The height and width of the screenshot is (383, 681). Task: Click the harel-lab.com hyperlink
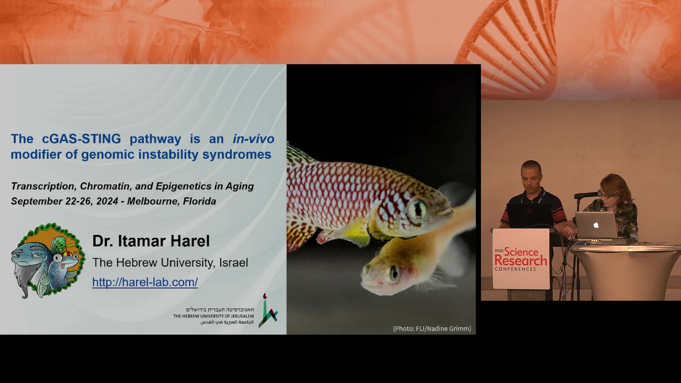pos(145,282)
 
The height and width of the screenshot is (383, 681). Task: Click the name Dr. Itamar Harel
pos(151,241)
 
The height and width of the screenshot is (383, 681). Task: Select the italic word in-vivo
pos(254,139)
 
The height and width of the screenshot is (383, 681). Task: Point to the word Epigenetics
pos(183,187)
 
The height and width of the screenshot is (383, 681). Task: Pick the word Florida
pos(199,201)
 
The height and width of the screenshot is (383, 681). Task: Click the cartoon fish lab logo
pos(48,261)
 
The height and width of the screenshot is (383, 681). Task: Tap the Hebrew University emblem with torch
pos(268,310)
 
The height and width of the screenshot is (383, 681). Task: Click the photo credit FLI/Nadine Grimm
pos(432,329)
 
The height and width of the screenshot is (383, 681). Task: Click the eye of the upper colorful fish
pos(418,210)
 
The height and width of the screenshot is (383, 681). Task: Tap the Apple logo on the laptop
pos(596,225)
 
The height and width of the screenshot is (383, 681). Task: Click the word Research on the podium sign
pos(521,261)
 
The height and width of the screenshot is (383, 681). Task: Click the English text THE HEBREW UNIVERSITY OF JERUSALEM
pos(214,316)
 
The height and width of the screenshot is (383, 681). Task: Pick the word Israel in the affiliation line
pos(233,263)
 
